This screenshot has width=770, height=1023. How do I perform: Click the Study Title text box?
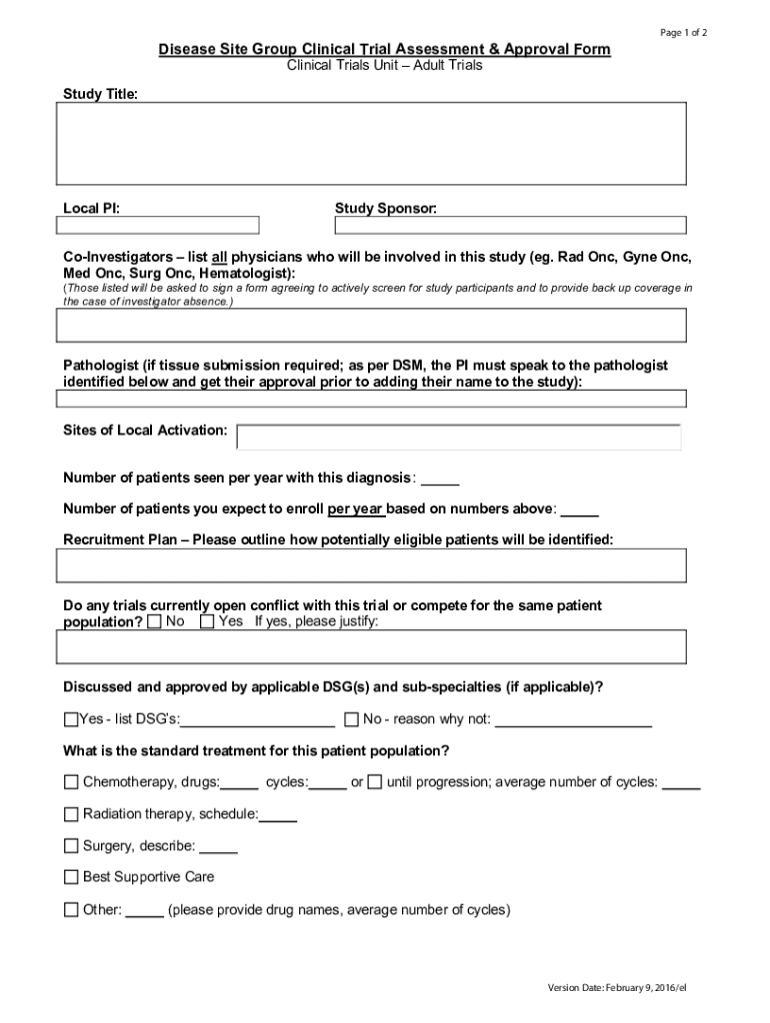click(x=371, y=143)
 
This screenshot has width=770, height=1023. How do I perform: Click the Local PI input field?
click(x=158, y=225)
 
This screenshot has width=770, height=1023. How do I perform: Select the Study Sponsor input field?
click(x=510, y=225)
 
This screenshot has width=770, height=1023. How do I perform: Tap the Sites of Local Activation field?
click(x=458, y=437)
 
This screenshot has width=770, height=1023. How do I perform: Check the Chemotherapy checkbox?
click(x=71, y=782)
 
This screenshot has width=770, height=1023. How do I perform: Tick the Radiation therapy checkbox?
click(x=71, y=814)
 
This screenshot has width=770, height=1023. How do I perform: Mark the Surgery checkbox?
click(x=71, y=846)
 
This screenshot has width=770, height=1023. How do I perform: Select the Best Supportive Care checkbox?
click(x=71, y=877)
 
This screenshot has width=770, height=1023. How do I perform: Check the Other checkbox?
click(x=71, y=909)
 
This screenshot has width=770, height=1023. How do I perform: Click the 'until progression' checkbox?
click(x=374, y=782)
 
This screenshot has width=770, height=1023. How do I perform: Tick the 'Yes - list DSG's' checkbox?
click(x=70, y=719)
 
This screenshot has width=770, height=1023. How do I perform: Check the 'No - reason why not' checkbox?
click(x=351, y=719)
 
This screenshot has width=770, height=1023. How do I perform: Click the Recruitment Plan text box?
click(x=371, y=565)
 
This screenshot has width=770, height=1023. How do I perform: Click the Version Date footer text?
click(x=617, y=988)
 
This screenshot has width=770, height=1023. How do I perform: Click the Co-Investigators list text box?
click(x=371, y=326)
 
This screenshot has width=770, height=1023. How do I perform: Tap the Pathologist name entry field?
click(x=371, y=399)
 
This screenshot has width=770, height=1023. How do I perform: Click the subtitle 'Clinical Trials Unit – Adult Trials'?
click(x=384, y=66)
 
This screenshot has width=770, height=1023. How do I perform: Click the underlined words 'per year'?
click(x=356, y=509)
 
